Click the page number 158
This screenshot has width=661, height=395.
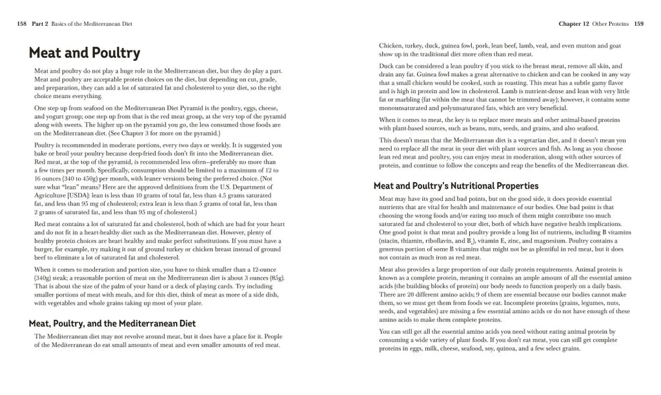(22, 24)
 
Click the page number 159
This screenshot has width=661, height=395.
(638, 24)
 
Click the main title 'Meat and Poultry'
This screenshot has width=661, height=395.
(84, 53)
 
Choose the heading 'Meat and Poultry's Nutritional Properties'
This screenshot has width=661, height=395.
(456, 186)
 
